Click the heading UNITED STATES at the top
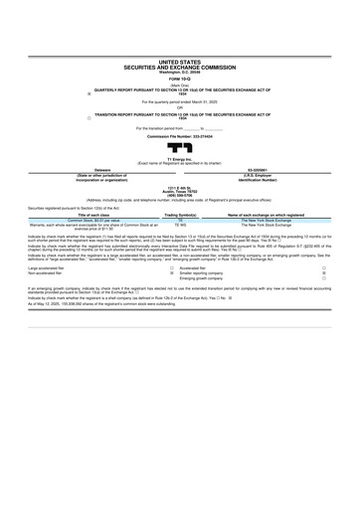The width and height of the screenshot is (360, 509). tap(179, 62)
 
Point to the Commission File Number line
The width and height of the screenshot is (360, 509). tap(179, 135)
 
